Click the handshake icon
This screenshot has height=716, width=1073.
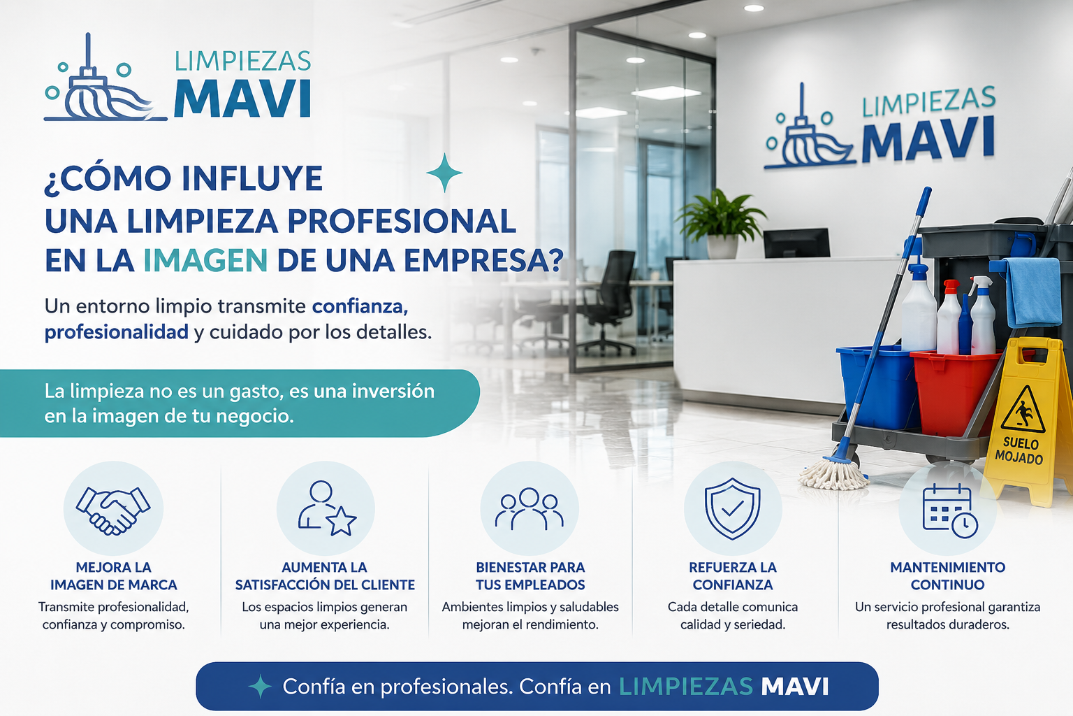pyautogui.click(x=113, y=510)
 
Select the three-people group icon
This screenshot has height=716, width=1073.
pyautogui.click(x=530, y=509)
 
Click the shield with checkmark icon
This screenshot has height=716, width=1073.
pyautogui.click(x=732, y=508)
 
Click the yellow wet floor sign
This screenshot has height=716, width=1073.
pyautogui.click(x=1030, y=422)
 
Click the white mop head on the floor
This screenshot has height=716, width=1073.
pyautogui.click(x=833, y=473)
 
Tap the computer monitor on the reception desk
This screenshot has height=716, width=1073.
pyautogui.click(x=796, y=243)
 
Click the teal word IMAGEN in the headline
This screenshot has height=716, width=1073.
pyautogui.click(x=205, y=260)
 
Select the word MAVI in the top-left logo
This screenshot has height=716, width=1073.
pyautogui.click(x=242, y=99)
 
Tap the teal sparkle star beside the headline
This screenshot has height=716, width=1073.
pyautogui.click(x=444, y=172)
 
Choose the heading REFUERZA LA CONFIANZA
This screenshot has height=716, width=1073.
pyautogui.click(x=732, y=576)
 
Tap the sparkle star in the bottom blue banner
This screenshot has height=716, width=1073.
pyautogui.click(x=260, y=686)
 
